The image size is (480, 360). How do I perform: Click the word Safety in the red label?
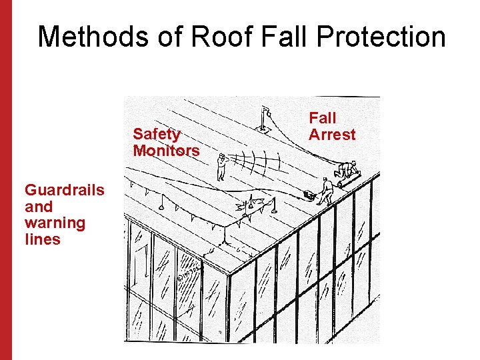click(x=157, y=135)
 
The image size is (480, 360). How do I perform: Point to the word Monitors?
click(x=166, y=151)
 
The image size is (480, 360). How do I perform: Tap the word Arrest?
click(x=332, y=135)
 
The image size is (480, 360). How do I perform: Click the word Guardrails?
click(x=65, y=190)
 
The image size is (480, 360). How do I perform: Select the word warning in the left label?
click(x=55, y=223)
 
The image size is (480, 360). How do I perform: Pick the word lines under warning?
click(x=43, y=239)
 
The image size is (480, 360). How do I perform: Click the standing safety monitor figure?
click(x=221, y=167)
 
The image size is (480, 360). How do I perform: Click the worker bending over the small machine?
click(x=325, y=190)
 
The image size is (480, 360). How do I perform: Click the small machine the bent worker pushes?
click(x=309, y=195)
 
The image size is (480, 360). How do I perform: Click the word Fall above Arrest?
click(x=323, y=119)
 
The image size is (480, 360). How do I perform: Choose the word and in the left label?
click(x=39, y=207)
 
